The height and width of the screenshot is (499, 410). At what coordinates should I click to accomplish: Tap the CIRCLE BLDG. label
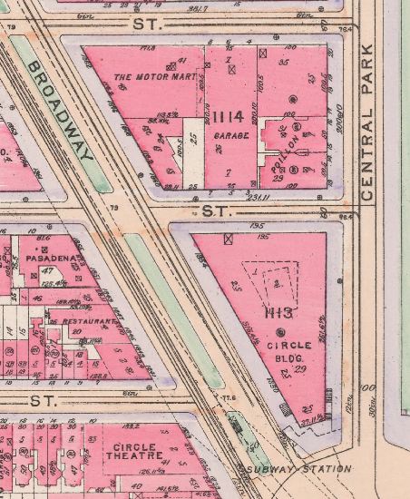[x=289, y=351]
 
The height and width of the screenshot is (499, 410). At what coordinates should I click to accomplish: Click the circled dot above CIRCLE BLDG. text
[x=281, y=334]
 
